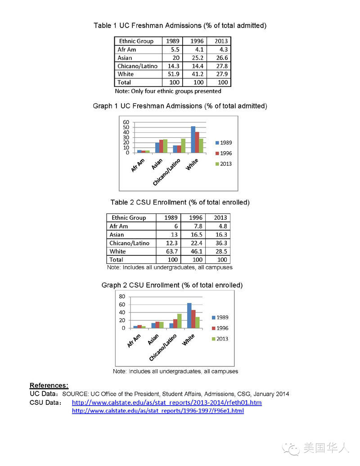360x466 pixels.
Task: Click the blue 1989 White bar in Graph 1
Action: click(x=193, y=140)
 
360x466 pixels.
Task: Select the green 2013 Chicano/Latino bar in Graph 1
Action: click(x=183, y=146)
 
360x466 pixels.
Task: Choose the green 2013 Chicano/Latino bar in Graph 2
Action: click(x=179, y=321)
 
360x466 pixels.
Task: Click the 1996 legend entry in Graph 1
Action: click(x=224, y=153)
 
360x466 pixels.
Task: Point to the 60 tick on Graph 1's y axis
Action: click(x=126, y=122)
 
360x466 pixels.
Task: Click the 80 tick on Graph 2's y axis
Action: click(x=122, y=296)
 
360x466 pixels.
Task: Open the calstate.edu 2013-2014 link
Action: click(x=166, y=403)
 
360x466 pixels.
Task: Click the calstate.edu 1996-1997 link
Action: click(x=157, y=411)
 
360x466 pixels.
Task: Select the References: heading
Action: click(x=49, y=385)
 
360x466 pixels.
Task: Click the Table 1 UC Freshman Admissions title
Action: click(x=180, y=26)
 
